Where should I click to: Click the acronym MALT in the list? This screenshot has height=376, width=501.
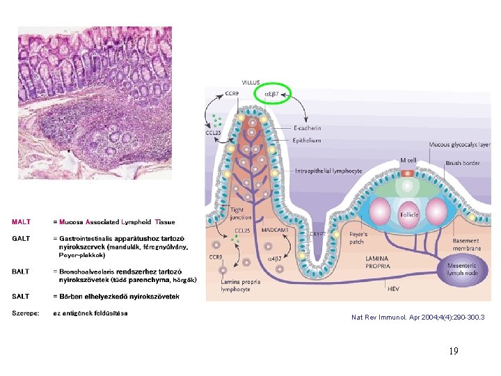(x=22, y=222)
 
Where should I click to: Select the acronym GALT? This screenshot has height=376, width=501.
(x=22, y=239)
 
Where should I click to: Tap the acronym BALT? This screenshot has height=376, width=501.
(x=22, y=271)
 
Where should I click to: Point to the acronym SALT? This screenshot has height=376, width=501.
(x=21, y=297)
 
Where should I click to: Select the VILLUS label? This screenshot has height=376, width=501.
(x=252, y=82)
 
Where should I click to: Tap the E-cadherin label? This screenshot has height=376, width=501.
(x=308, y=128)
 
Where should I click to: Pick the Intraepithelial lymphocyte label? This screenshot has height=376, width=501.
(x=328, y=171)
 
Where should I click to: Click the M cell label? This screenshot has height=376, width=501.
(x=408, y=161)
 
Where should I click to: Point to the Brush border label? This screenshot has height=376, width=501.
(x=463, y=163)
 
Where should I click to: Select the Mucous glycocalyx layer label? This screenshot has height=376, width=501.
(x=459, y=145)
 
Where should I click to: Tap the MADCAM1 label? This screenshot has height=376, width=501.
(x=275, y=230)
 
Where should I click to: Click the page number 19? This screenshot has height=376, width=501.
(x=454, y=351)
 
